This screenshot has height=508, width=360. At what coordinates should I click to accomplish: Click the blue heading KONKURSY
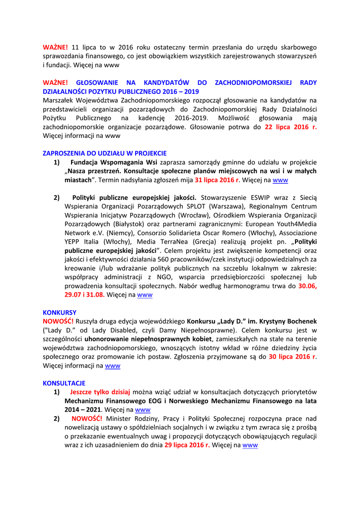(x=60, y=313)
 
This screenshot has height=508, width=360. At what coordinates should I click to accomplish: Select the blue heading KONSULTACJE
(x=64, y=383)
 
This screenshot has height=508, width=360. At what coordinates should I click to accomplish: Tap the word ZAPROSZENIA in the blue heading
(x=63, y=153)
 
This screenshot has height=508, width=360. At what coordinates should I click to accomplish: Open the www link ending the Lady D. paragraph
(x=113, y=366)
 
